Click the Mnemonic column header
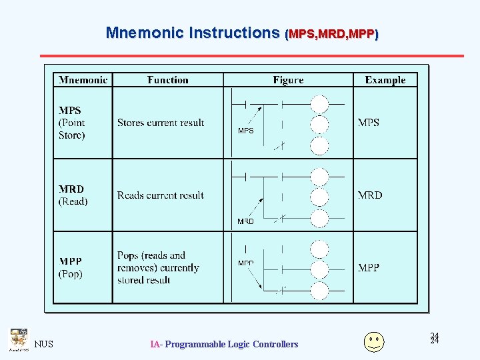coord(83,80)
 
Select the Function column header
coord(168,80)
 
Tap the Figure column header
coord(288,80)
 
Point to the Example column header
coord(385,80)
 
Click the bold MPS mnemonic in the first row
coord(69,111)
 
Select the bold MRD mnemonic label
coord(71,189)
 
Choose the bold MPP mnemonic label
coord(71,261)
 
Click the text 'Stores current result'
coord(161,123)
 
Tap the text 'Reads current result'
coord(160,195)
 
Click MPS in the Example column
coord(369,123)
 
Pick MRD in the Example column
coord(370,195)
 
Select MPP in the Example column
coord(369,268)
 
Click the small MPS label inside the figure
coord(246,131)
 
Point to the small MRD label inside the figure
coord(245,221)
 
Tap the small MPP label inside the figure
coord(245,263)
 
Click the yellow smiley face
coord(374,341)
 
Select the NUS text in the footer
coord(44,345)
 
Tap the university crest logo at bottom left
coord(19,340)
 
